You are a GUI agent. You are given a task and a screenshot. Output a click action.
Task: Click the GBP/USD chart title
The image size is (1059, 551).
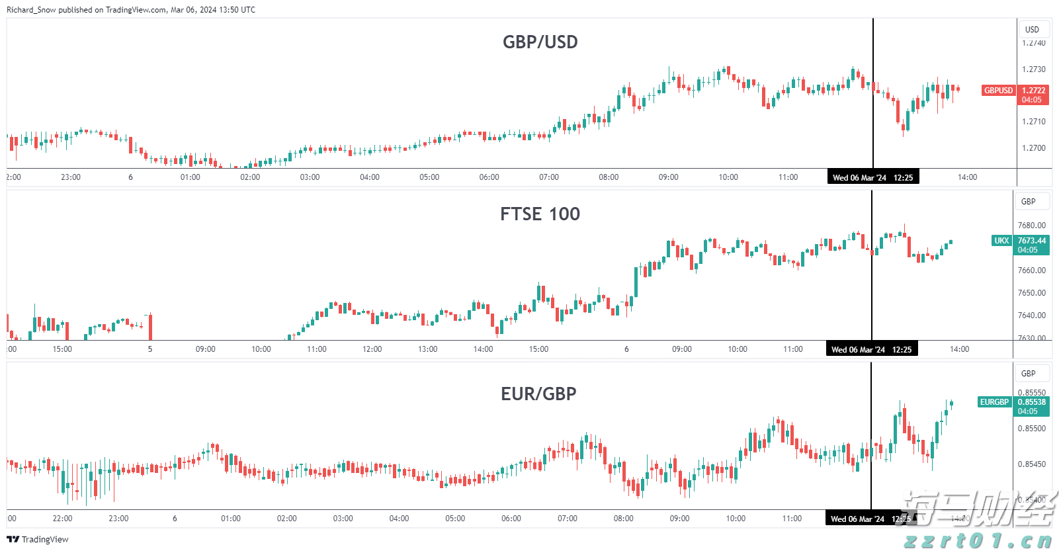540,42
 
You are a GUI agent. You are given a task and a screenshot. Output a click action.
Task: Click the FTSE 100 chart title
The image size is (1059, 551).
540,214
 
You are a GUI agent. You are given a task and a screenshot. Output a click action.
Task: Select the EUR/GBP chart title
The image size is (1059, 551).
538,394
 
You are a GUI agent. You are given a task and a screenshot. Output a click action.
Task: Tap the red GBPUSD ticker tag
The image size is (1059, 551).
998,91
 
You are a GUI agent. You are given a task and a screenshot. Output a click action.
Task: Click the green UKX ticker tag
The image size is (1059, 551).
1001,241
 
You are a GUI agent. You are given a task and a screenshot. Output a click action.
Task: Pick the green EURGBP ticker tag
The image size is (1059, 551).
994,402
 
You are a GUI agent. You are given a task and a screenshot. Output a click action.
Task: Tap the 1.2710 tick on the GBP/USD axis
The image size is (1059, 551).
1034,122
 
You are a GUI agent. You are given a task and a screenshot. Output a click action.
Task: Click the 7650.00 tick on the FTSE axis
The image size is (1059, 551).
1032,293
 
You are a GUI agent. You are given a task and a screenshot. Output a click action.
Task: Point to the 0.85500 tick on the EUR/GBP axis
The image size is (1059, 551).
1032,429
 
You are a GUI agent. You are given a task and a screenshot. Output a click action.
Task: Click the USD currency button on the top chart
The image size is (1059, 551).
1032,30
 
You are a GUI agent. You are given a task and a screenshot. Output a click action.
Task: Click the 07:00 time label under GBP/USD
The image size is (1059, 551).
549,177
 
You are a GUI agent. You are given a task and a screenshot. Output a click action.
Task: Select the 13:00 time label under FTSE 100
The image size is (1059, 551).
428,349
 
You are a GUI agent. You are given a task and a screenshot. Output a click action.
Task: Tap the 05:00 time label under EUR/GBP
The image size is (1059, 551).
455,519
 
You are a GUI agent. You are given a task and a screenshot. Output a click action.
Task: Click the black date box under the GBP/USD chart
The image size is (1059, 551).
872,177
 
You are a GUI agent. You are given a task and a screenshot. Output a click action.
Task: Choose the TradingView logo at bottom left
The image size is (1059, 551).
38,540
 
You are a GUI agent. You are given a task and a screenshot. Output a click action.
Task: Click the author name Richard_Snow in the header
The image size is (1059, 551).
31,10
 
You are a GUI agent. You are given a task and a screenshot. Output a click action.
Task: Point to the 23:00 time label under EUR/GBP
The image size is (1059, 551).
118,519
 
